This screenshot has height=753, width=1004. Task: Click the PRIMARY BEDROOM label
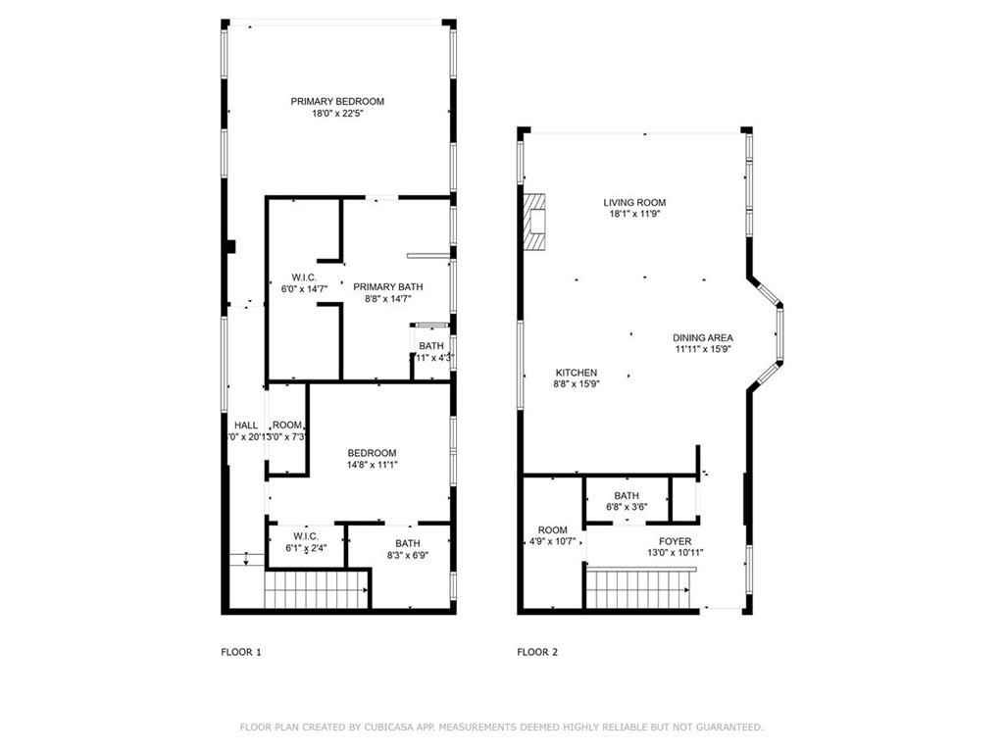pyautogui.click(x=337, y=101)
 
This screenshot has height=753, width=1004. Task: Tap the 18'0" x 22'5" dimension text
pyautogui.click(x=337, y=114)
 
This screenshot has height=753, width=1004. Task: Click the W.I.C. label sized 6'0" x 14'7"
pyautogui.click(x=304, y=277)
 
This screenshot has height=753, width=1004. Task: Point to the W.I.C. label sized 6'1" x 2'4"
pyautogui.click(x=304, y=535)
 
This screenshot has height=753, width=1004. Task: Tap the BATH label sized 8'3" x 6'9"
pyautogui.click(x=408, y=543)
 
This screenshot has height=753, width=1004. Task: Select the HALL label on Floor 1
pyautogui.click(x=246, y=425)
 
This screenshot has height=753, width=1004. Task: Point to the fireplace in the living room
pyautogui.click(x=534, y=225)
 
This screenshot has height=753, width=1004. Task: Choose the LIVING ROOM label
pyautogui.click(x=634, y=203)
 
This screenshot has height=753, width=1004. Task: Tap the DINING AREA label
pyautogui.click(x=703, y=337)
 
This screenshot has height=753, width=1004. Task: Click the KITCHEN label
pyautogui.click(x=577, y=373)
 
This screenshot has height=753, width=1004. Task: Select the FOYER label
pyautogui.click(x=675, y=541)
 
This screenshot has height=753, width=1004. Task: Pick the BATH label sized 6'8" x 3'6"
pyautogui.click(x=627, y=495)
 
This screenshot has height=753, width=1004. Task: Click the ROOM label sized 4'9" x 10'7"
pyautogui.click(x=552, y=529)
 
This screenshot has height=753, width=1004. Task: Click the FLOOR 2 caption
pyautogui.click(x=537, y=652)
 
